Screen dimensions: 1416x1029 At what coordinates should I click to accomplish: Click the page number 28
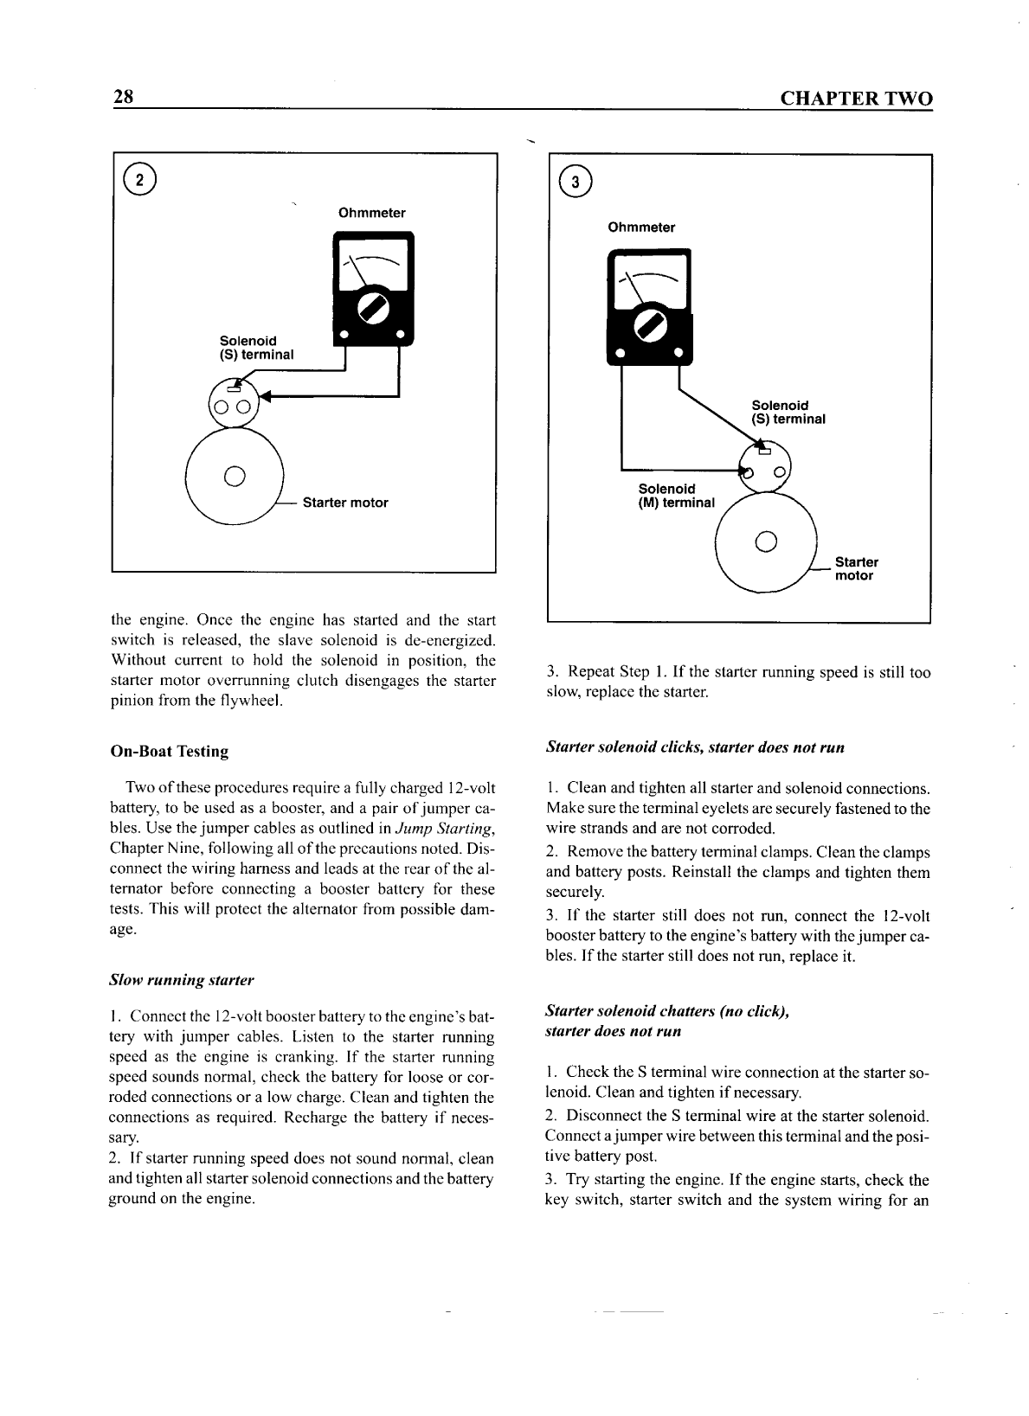(122, 97)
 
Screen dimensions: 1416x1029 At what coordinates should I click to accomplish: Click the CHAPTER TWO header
(857, 99)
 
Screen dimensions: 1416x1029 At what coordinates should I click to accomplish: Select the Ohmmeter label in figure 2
(371, 213)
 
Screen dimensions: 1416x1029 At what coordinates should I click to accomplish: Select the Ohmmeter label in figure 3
(641, 227)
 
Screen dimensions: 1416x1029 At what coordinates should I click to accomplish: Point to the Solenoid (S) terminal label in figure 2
(256, 348)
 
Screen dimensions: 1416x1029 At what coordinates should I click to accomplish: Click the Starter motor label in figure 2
(344, 503)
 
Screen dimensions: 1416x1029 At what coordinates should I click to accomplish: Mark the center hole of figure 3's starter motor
(765, 542)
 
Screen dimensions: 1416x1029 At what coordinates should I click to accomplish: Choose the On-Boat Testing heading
(170, 752)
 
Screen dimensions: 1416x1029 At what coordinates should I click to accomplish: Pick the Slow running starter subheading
(182, 980)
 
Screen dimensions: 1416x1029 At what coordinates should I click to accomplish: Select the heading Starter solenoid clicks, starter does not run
(695, 746)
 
